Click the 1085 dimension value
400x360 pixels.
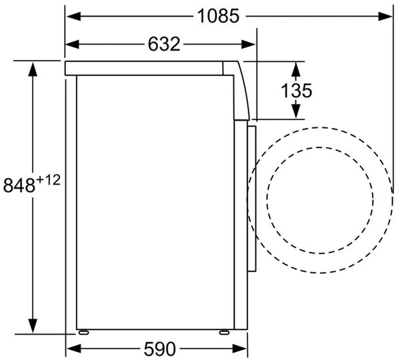219,16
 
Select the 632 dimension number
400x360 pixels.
164,44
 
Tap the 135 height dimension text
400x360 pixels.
296,91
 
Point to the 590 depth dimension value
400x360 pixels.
160,349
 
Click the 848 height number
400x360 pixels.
19,185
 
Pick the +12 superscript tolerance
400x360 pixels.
49,180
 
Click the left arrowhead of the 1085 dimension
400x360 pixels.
74,16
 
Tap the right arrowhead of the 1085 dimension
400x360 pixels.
385,16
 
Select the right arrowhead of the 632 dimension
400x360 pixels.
248,44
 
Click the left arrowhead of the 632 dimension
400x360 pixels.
72,44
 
